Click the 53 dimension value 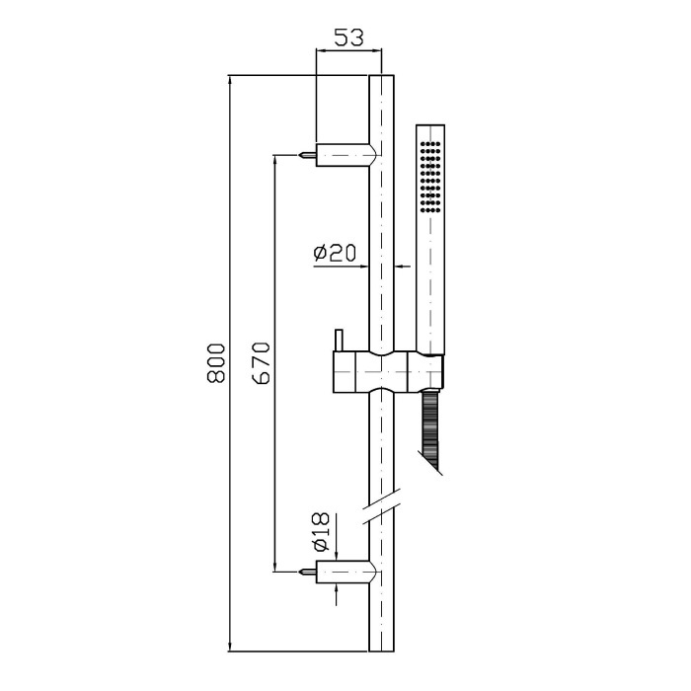(348, 38)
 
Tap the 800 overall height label (216, 362)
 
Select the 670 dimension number (262, 362)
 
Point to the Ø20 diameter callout (335, 253)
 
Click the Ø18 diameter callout (321, 531)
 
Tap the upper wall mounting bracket (345, 155)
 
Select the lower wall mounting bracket (345, 572)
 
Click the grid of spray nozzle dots (430, 177)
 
